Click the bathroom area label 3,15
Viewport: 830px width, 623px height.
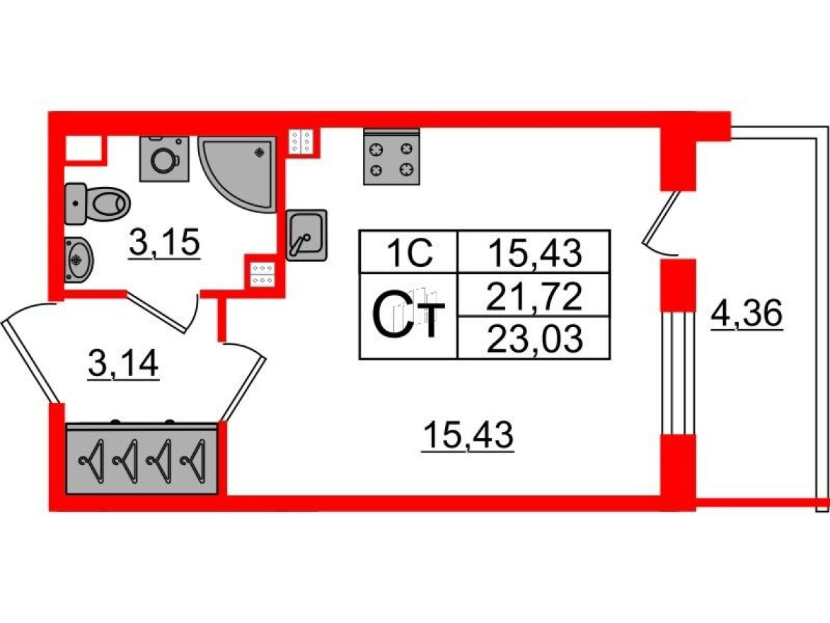[165, 244]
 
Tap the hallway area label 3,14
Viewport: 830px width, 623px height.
[123, 365]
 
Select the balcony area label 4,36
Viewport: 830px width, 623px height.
[747, 314]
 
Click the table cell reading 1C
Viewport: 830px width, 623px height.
[408, 252]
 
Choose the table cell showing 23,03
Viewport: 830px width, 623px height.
[534, 338]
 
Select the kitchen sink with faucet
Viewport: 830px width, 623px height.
[306, 234]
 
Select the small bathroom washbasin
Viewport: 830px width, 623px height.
[78, 260]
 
